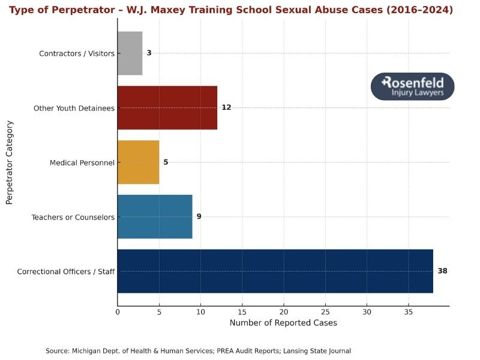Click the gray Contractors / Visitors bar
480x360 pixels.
pyautogui.click(x=130, y=53)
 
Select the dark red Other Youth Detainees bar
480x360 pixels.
pyautogui.click(x=167, y=108)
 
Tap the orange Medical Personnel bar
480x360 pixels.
pyautogui.click(x=138, y=162)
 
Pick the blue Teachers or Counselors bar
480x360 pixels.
pyautogui.click(x=155, y=217)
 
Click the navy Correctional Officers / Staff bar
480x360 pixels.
pyautogui.click(x=275, y=271)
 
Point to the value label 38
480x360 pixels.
pyautogui.click(x=442, y=271)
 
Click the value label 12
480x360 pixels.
pyautogui.click(x=226, y=108)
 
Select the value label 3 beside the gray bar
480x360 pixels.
pyautogui.click(x=149, y=53)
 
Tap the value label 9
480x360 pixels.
pyautogui.click(x=199, y=217)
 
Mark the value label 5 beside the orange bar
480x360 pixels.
pyautogui.click(x=166, y=162)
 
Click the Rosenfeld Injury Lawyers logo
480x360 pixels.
pyautogui.click(x=412, y=86)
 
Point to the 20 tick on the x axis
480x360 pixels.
pyautogui.click(x=283, y=312)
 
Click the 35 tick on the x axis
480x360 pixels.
pyautogui.click(x=408, y=312)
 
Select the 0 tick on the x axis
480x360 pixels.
pyautogui.click(x=118, y=312)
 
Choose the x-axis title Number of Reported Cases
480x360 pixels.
pyautogui.click(x=283, y=323)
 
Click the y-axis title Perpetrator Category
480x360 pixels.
pyautogui.click(x=10, y=163)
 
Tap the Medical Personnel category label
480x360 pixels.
pyautogui.click(x=82, y=163)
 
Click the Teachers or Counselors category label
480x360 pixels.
pyautogui.click(x=73, y=217)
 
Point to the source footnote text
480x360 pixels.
pyautogui.click(x=198, y=351)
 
